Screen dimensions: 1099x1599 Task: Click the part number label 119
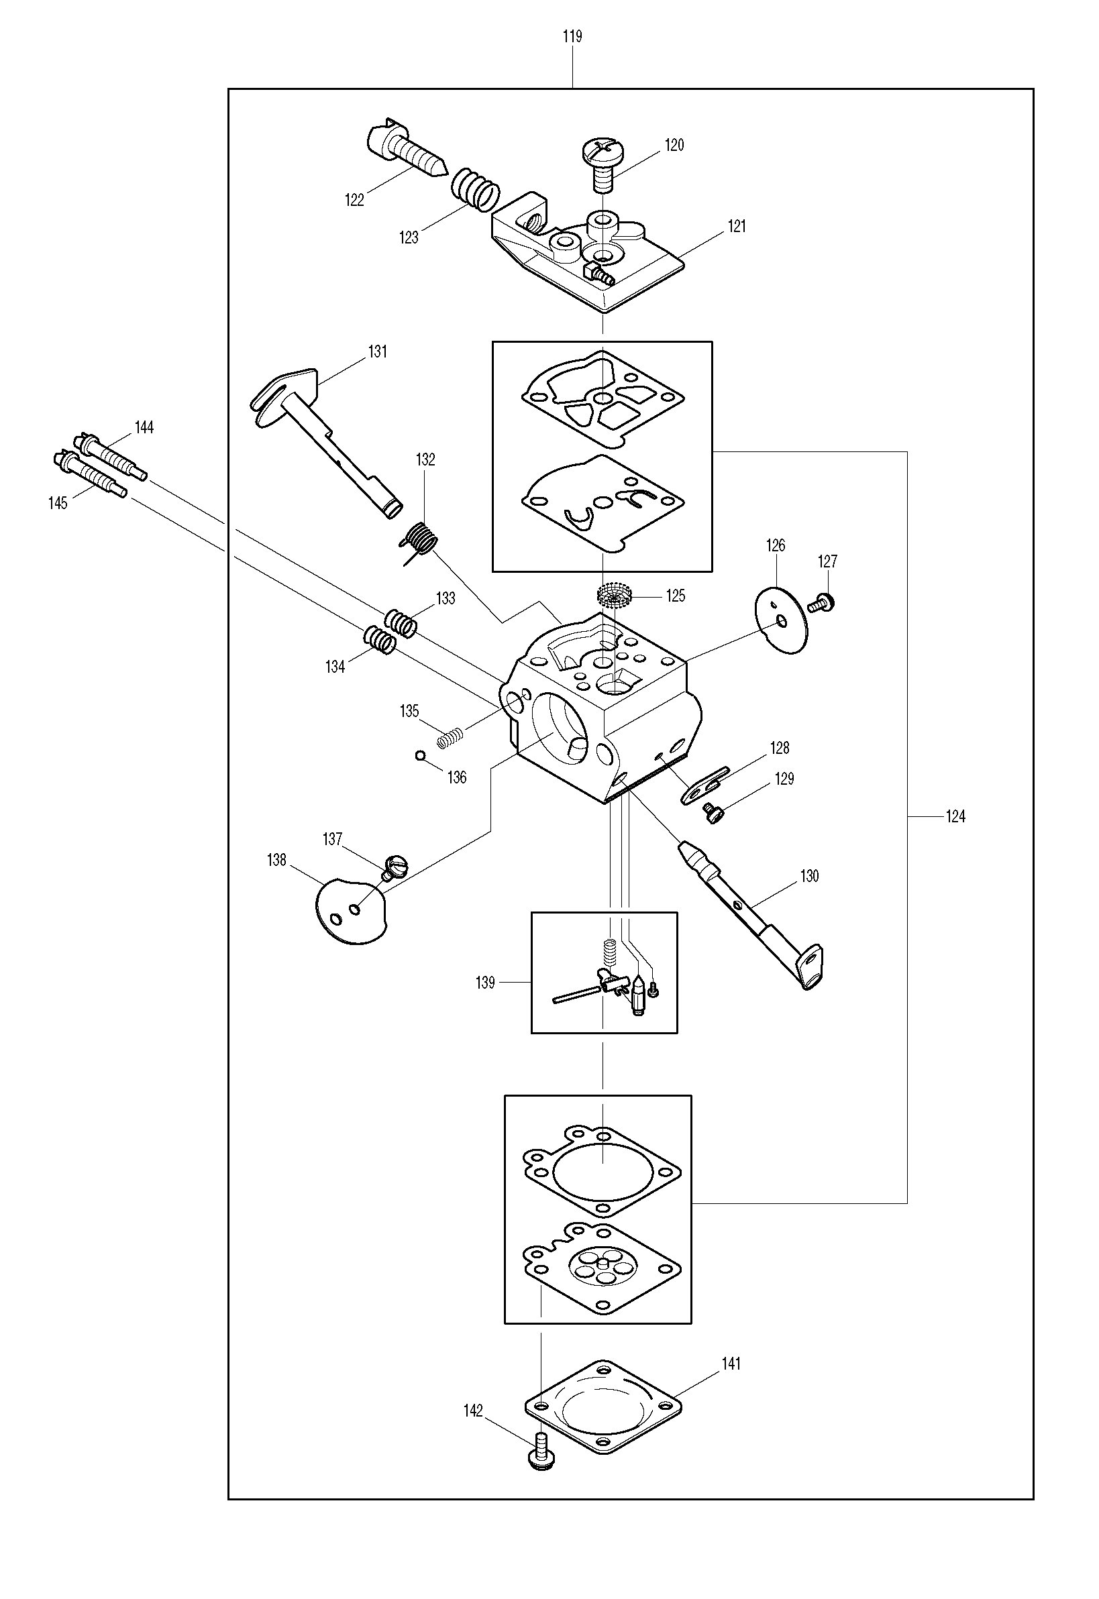coord(572,36)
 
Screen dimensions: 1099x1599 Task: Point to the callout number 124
coord(956,817)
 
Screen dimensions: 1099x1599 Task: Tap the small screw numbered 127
coord(822,604)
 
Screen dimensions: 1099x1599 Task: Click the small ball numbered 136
coord(421,757)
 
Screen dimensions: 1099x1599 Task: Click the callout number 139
coord(486,983)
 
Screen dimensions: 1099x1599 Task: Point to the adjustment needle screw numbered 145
coord(89,473)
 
